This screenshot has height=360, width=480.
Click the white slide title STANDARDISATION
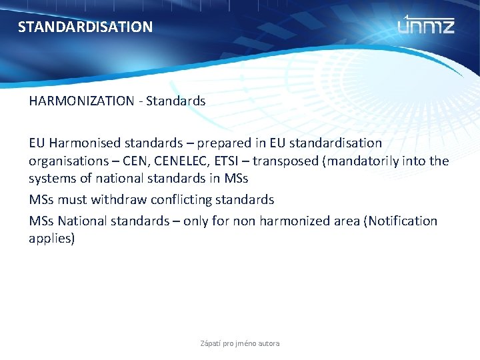click(x=85, y=27)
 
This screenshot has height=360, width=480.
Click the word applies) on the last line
click(x=52, y=239)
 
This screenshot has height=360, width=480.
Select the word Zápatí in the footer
click(x=212, y=343)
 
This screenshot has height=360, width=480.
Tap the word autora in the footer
click(x=269, y=343)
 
